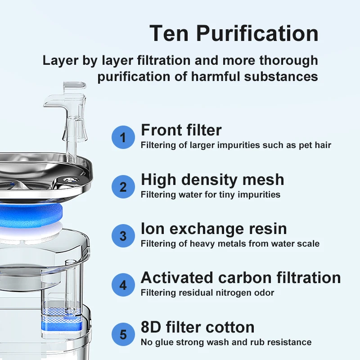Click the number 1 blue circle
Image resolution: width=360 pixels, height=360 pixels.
123,137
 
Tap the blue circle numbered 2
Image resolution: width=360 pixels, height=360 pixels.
123,186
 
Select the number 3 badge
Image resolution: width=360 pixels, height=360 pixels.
123,235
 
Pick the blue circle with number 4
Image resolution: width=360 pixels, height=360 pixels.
123,285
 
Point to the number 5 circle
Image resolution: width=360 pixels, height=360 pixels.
123,334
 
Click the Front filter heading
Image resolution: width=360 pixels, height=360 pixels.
181,130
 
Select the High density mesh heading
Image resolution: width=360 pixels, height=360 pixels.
212,180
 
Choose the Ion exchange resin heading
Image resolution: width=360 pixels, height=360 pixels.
214,229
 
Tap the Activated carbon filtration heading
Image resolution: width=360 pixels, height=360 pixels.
241,278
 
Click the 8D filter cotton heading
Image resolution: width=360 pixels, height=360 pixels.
198,327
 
